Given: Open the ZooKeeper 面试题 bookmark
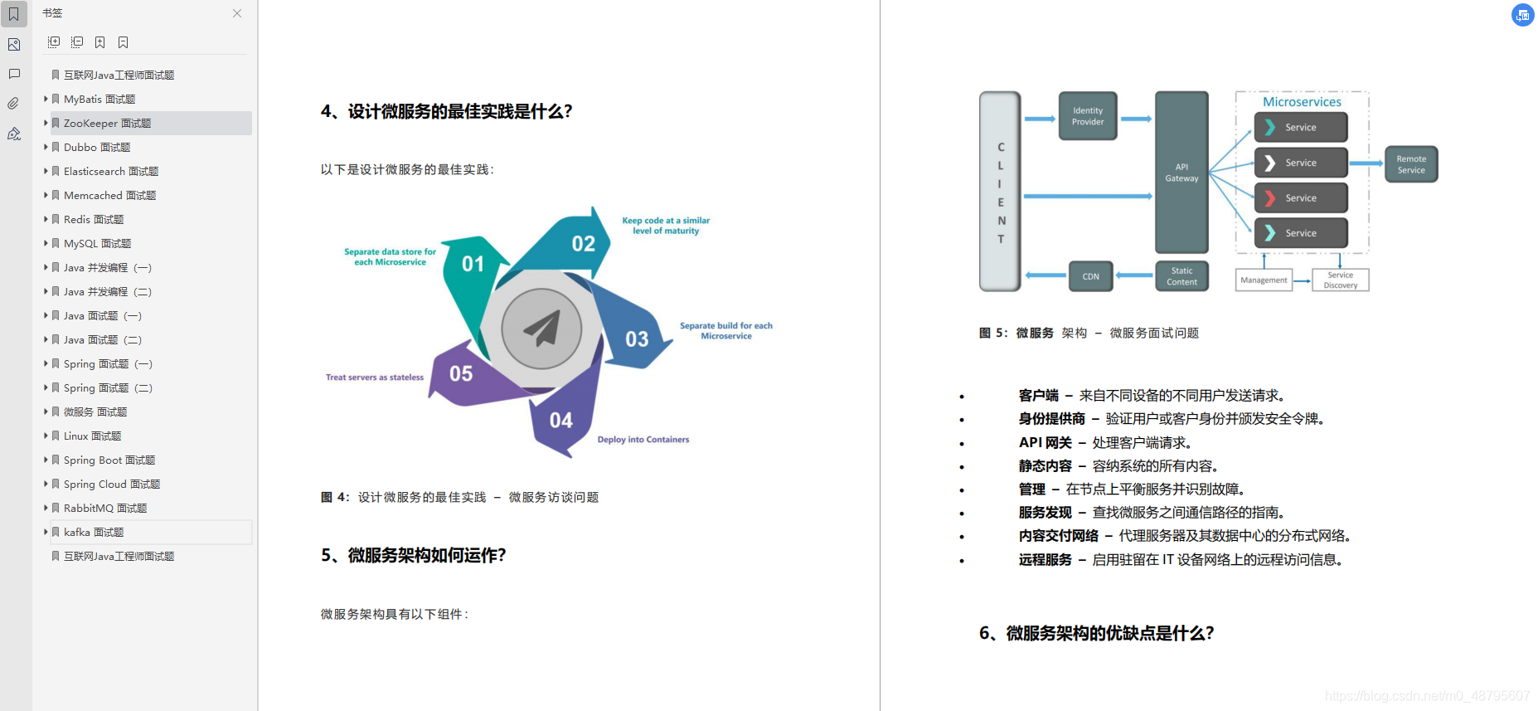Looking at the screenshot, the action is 107,124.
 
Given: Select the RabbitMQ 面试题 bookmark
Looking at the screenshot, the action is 105,509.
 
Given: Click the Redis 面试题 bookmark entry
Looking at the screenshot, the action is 94,220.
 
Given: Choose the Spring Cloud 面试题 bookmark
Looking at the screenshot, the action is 112,485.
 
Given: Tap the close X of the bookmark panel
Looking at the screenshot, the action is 237,13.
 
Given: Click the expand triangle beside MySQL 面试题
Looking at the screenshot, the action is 46,243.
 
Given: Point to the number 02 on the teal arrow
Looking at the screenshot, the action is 583,244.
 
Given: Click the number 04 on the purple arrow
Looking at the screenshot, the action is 561,421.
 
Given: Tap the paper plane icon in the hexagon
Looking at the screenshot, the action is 542,329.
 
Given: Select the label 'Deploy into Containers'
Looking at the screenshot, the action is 643,440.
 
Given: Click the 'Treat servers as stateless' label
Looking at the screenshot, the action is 375,377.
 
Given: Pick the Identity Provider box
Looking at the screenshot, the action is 1088,116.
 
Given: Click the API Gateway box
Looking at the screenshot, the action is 1181,173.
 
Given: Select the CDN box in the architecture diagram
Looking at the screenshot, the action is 1090,277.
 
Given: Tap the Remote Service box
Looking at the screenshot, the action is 1411,164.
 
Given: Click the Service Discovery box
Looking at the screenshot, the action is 1340,280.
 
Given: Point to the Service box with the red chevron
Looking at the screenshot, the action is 1300,198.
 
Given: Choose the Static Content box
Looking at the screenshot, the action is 1181,276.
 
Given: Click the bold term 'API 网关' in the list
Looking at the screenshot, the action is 1045,443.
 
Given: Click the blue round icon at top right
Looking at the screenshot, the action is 1522,15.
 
